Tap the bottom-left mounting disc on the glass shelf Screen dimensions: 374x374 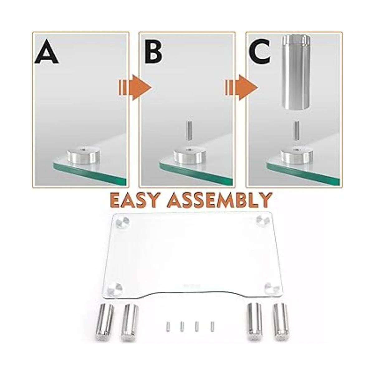click(x=115, y=289)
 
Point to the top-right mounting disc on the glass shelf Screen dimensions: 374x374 click(x=263, y=221)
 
